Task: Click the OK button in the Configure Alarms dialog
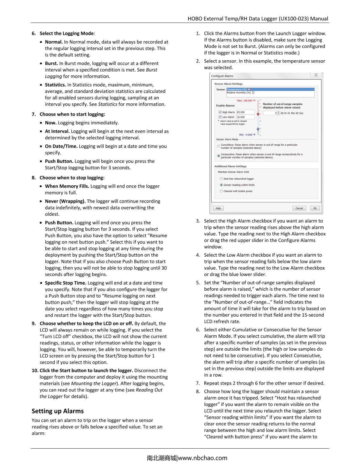315,208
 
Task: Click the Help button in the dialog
218,208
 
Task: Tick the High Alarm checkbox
220,112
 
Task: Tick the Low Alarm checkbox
220,117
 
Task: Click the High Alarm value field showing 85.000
245,112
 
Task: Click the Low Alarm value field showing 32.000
245,117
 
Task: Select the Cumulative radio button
218,146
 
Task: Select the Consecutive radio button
218,156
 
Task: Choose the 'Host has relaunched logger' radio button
221,179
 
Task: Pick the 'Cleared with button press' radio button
221,191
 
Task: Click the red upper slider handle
258,114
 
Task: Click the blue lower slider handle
258,129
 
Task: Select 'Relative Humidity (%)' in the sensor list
238,93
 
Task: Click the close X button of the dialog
316,75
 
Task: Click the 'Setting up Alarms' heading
58,411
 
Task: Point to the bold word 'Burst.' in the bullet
51,63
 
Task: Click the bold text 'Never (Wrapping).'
65,201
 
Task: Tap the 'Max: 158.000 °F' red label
246,101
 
